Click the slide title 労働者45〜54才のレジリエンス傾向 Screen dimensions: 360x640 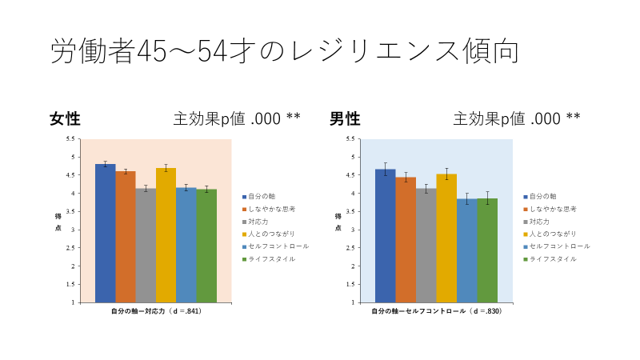(x=285, y=51)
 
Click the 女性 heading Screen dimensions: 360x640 (x=65, y=119)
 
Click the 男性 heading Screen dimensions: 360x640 (x=345, y=119)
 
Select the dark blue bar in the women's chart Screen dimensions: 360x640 (x=105, y=233)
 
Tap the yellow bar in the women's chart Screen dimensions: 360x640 (x=166, y=235)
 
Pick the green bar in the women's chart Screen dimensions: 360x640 (x=206, y=246)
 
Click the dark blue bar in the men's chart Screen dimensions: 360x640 (x=385, y=236)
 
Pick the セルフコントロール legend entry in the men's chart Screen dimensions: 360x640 (x=557, y=246)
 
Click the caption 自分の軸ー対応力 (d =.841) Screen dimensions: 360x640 (x=155, y=310)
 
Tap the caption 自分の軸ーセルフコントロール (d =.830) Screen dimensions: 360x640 (x=436, y=310)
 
